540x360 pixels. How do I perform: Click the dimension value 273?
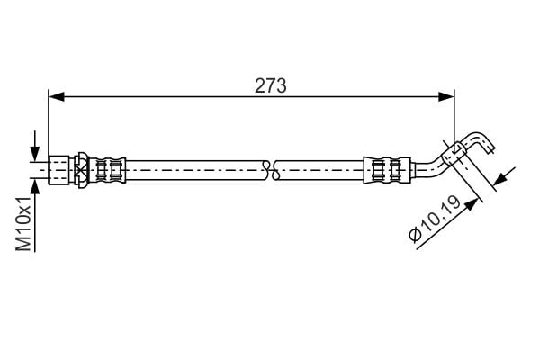[270, 86]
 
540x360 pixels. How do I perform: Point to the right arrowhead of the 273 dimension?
[448, 94]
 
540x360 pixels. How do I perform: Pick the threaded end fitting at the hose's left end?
[58, 168]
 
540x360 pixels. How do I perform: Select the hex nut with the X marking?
[81, 168]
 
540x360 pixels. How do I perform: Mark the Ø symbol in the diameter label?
[415, 236]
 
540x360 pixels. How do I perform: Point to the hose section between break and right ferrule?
[319, 168]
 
